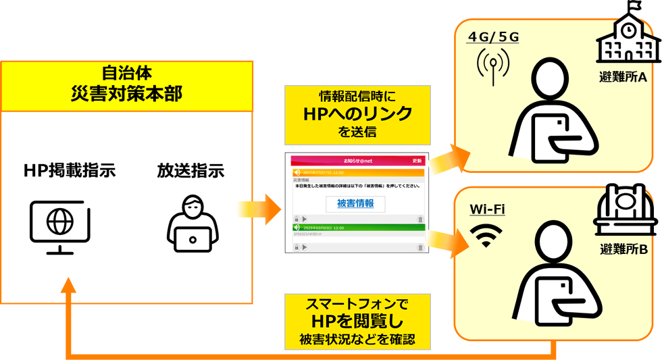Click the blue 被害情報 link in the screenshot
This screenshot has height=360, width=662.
pos(355,203)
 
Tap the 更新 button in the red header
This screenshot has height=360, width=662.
pos(417,161)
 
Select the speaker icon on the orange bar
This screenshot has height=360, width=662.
pos(297,172)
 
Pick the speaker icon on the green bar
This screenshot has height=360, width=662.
pos(297,228)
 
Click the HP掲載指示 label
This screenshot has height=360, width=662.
pos(70,172)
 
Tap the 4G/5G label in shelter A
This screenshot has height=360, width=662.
pos(493,37)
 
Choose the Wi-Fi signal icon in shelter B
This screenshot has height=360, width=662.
pos(486,234)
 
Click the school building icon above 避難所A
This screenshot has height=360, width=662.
pos(628,34)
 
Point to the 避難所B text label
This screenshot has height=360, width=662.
pos(623,251)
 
